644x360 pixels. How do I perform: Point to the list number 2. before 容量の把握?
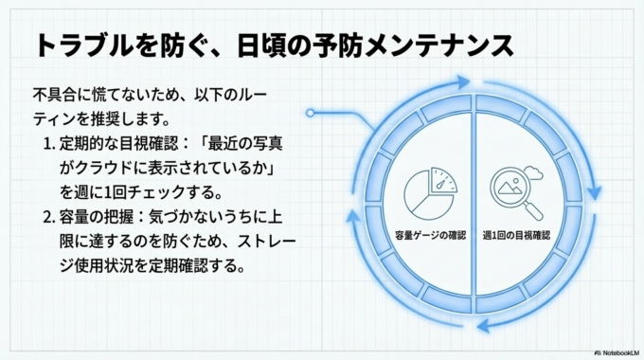click(x=50, y=217)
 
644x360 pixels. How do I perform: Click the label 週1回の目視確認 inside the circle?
click(x=516, y=233)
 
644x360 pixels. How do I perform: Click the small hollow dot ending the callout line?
click(x=309, y=114)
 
